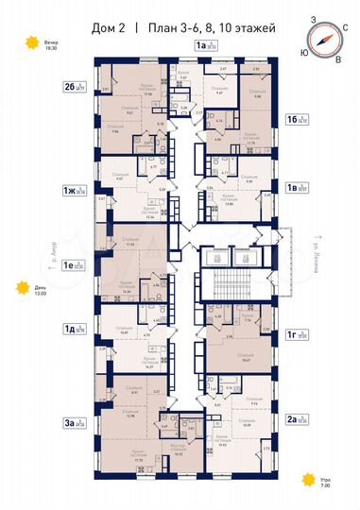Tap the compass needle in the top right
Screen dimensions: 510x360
(324, 39)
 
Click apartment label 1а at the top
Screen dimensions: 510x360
(199, 45)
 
